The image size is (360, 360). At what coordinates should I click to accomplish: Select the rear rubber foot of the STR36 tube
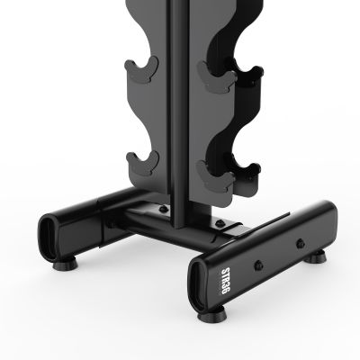tap(319, 258)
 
